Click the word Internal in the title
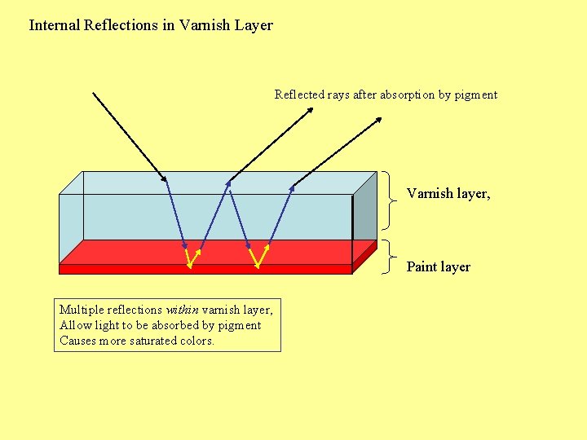(55, 25)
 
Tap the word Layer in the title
(254, 25)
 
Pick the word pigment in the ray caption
(476, 95)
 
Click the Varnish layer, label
(448, 194)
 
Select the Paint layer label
(438, 267)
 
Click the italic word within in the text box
(182, 310)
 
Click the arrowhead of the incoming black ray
(163, 178)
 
